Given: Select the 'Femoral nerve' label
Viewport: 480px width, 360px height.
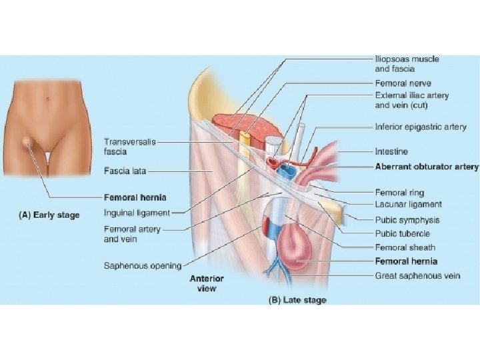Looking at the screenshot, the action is coord(403,83).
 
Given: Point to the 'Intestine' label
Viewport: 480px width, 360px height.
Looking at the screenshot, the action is coord(391,152).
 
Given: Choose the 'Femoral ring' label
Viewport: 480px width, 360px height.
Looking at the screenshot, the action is coord(398,192).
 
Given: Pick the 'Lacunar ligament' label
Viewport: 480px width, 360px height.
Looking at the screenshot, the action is coord(408,204).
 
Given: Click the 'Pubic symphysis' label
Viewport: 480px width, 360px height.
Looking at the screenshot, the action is coord(407,220).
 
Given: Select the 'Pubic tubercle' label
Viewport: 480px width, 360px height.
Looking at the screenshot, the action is coord(403,233).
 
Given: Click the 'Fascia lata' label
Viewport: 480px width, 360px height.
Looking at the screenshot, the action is coord(125,171).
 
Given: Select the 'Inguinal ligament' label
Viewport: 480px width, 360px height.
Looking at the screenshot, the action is coord(137,213).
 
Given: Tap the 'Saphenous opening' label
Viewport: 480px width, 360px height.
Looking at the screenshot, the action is coord(143,265).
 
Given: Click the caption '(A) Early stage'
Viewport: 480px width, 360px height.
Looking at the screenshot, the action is coord(49,215).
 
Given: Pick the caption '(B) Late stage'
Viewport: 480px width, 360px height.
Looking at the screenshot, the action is coord(297,300).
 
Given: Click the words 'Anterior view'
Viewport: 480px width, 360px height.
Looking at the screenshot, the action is coord(207,283).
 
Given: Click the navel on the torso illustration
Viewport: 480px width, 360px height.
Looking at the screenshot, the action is coord(49,100).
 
